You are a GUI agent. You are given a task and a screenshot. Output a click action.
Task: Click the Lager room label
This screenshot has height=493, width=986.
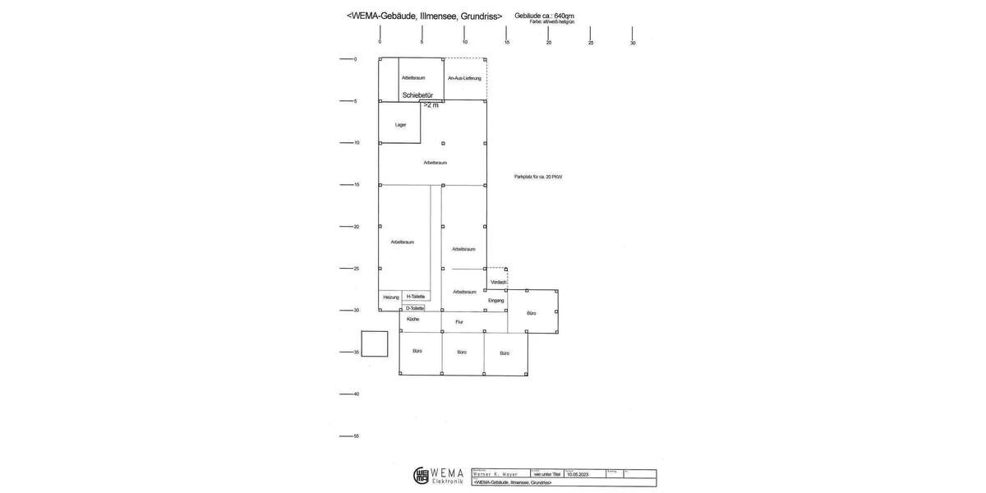[400, 125]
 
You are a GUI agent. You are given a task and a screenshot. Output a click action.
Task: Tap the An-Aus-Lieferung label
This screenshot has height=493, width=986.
[464, 78]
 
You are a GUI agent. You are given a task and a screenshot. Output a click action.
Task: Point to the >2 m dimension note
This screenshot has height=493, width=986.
[431, 105]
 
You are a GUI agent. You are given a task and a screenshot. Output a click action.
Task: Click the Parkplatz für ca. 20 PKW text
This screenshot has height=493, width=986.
[538, 177]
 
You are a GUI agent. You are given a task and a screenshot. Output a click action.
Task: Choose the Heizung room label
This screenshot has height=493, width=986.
[390, 297]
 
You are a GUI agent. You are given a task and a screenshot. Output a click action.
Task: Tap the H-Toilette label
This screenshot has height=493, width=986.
[415, 297]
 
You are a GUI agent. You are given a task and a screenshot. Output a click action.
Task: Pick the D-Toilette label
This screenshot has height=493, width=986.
[415, 308]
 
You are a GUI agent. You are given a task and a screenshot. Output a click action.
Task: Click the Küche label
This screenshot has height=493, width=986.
[412, 319]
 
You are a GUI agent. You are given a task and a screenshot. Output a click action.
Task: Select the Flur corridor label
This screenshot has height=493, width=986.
[459, 322]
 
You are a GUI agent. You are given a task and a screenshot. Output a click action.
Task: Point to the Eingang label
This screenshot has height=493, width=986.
[495, 301]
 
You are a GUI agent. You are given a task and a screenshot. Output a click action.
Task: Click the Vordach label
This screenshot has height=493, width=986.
[498, 283]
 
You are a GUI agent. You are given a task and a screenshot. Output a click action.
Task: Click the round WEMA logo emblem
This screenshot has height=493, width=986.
[421, 476]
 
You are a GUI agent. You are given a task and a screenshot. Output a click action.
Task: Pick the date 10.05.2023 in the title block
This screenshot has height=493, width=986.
[578, 474]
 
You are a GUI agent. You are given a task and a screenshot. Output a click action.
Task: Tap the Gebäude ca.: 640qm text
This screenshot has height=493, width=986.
[544, 16]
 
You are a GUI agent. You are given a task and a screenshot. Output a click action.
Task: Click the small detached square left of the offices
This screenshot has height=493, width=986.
[375, 343]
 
